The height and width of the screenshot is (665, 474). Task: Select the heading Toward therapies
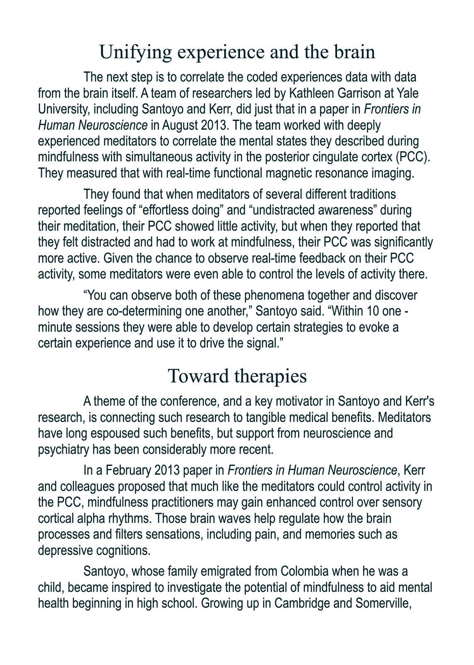[x=237, y=376]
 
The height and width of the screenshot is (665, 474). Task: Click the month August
[x=181, y=125]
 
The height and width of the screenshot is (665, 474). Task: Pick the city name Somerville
[x=383, y=603]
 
